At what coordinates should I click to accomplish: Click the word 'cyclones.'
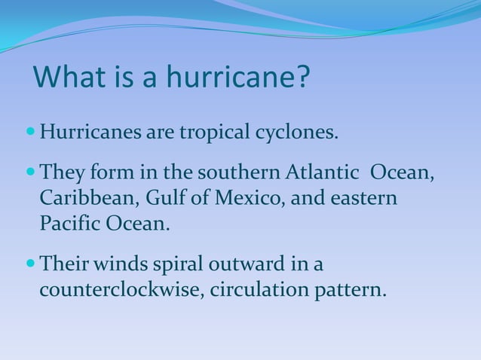[x=294, y=134]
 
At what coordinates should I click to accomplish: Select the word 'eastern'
[x=363, y=198]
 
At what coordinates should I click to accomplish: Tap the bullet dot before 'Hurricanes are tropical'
[x=30, y=133]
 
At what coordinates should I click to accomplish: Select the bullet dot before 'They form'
[x=30, y=172]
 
